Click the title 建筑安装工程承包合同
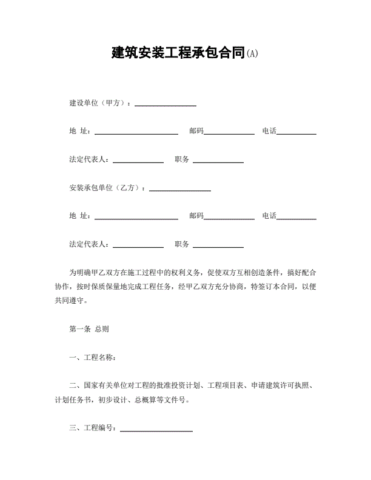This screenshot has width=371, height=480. [x=178, y=53]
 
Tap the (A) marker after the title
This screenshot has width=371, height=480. [x=252, y=53]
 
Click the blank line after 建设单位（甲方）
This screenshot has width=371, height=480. [x=165, y=105]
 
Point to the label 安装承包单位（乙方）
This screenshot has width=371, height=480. [x=106, y=188]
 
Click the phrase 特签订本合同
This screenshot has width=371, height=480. [x=272, y=286]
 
